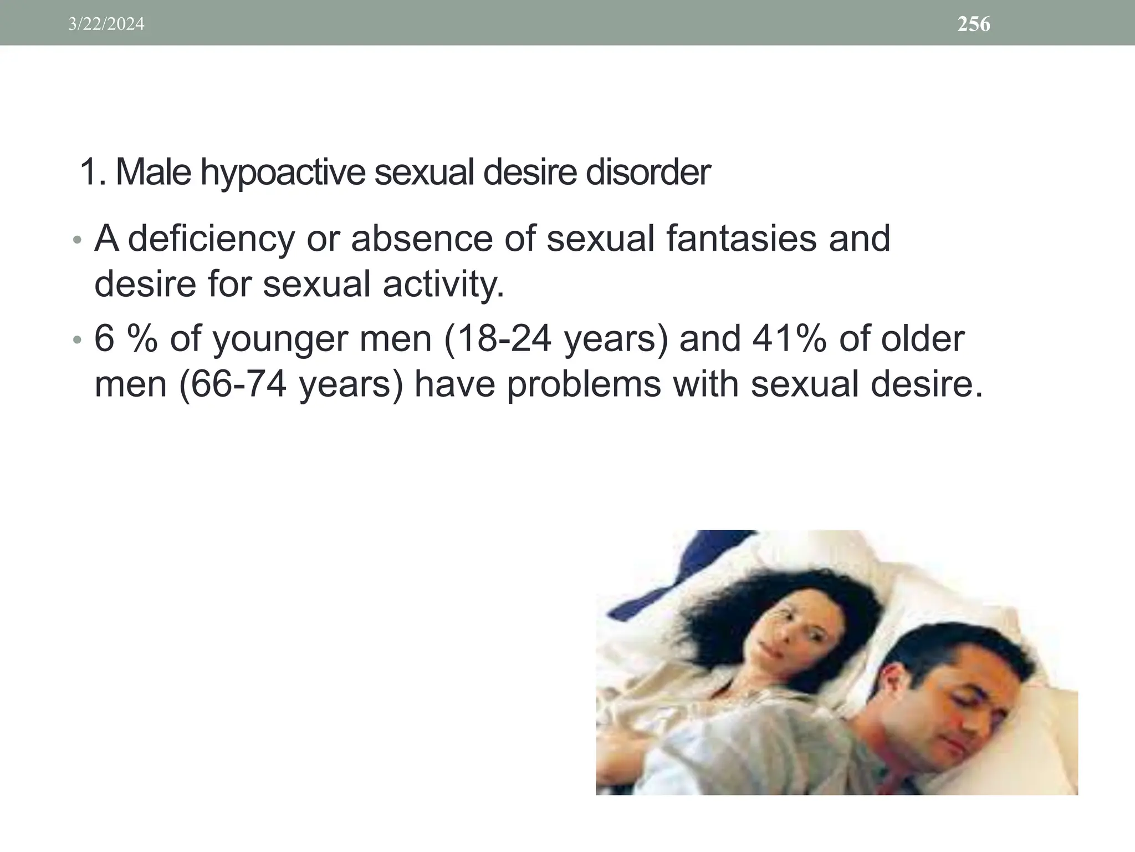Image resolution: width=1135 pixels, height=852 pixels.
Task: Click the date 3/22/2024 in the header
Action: [106, 24]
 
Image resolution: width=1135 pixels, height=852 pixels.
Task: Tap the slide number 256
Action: [974, 24]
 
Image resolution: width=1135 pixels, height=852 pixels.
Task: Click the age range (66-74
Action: [233, 384]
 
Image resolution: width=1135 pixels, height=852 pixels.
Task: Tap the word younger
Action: [282, 339]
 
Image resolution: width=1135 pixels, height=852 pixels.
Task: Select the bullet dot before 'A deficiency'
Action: [78, 240]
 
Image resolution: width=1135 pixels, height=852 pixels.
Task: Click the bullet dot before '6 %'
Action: [78, 340]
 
